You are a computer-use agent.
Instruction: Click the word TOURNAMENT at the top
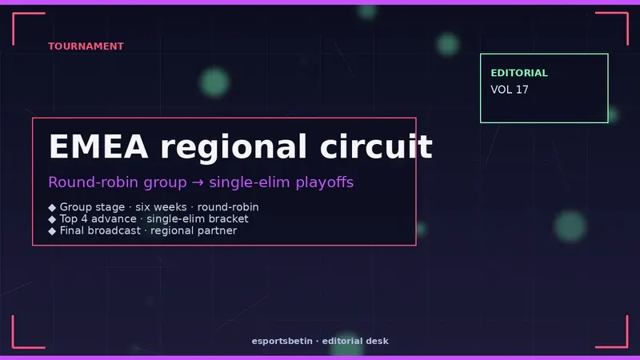coord(86,46)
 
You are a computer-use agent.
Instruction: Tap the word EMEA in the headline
coord(98,146)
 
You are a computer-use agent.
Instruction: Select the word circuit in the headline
coord(376,146)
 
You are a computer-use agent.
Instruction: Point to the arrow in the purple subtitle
coord(198,182)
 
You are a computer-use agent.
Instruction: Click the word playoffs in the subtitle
coord(325,182)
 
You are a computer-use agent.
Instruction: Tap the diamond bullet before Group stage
coord(52,207)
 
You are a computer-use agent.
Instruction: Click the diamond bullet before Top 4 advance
coord(52,219)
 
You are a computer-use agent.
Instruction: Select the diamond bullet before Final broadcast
coord(52,231)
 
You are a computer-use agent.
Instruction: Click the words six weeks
coord(161,207)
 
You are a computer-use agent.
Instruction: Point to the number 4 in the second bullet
coord(84,218)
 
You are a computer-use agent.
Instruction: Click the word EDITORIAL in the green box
coord(519,73)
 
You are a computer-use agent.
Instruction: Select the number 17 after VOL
coord(522,90)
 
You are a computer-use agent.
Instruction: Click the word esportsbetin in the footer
coord(282,341)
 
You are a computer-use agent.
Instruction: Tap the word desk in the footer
coord(377,341)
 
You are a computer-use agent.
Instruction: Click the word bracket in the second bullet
coord(230,218)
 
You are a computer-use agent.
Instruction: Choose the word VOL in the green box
coord(502,90)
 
